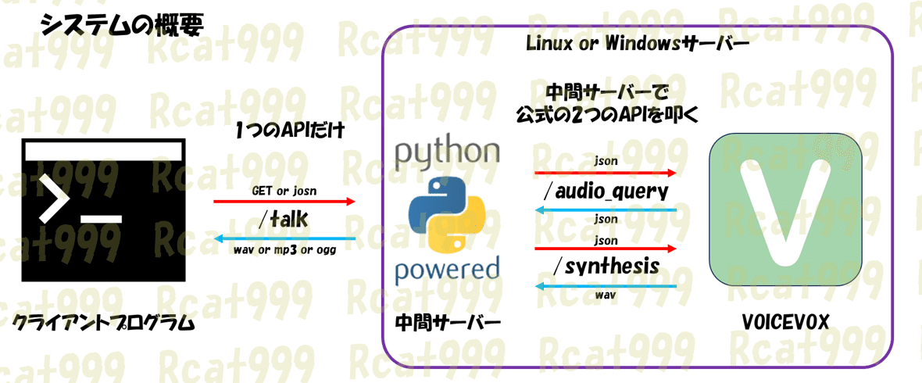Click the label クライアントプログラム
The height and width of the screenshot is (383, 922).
[x=102, y=323]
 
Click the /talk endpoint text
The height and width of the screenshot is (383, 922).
[x=283, y=220]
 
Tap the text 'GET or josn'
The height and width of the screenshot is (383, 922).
[x=283, y=190]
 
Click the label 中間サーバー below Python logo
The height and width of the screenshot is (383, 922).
[x=447, y=322]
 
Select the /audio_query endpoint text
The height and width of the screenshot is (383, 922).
[x=605, y=191]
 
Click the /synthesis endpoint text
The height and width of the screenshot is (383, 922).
[x=605, y=267]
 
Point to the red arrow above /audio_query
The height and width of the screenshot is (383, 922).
[x=605, y=173]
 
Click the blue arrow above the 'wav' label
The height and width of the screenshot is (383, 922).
[x=605, y=285]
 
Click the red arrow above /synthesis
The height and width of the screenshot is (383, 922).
[x=605, y=249]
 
